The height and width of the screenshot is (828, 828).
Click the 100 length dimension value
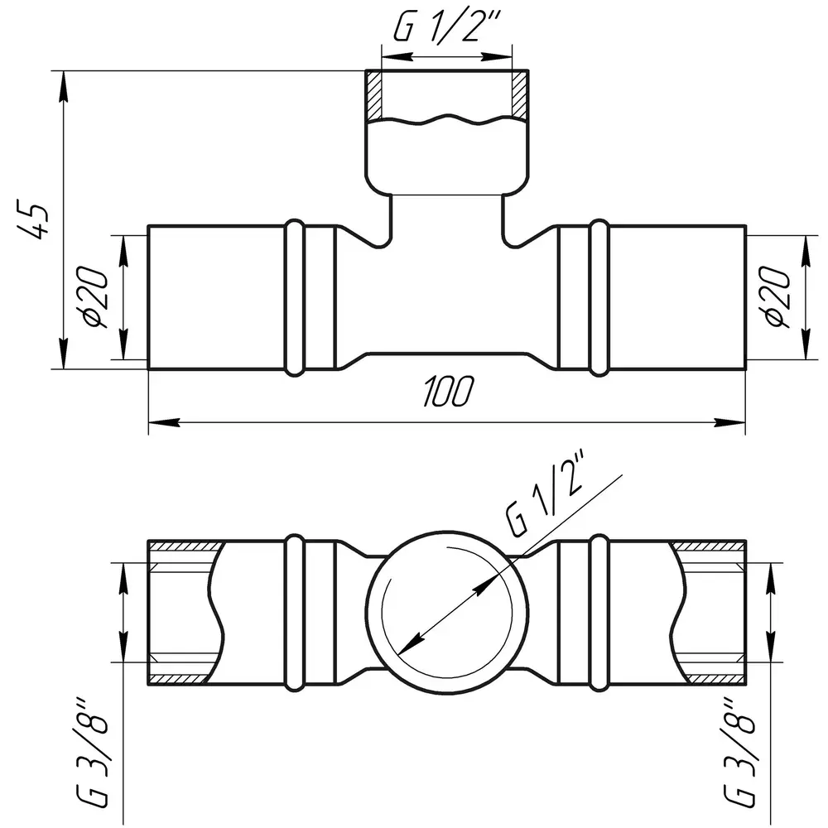click(x=448, y=392)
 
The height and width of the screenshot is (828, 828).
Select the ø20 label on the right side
click(x=777, y=297)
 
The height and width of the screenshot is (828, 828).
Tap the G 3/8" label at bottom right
click(x=739, y=753)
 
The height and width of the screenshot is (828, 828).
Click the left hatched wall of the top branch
click(x=374, y=95)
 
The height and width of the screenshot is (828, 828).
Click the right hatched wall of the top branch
click(x=520, y=95)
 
